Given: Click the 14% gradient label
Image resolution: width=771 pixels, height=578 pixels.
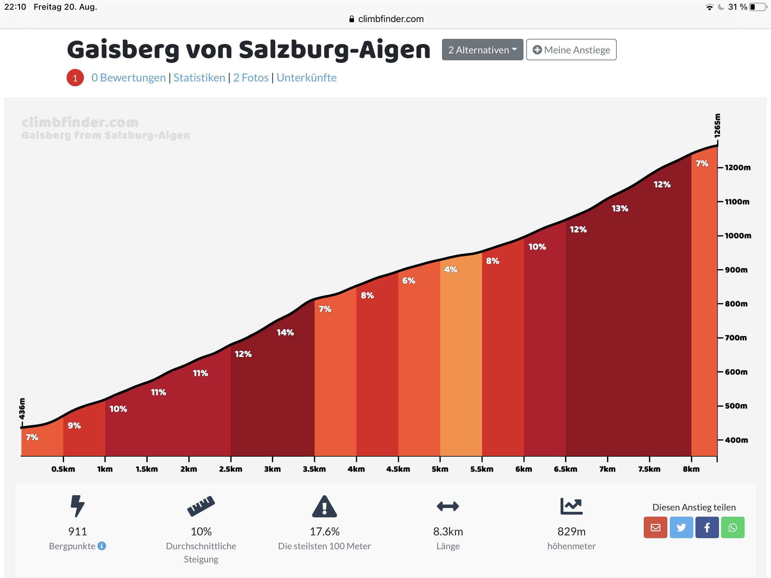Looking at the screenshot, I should [x=285, y=333].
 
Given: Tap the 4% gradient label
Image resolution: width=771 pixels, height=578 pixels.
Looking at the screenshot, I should [x=450, y=270].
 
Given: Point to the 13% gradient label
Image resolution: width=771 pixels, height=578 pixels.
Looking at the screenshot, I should [x=620, y=209].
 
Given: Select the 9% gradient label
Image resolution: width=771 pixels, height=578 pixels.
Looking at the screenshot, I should [x=74, y=426].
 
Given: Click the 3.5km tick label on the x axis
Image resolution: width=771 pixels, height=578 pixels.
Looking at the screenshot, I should [x=314, y=469].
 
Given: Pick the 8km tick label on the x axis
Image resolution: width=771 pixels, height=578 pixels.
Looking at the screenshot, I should [x=691, y=469].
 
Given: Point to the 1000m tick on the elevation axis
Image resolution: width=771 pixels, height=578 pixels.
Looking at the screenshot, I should [x=737, y=236].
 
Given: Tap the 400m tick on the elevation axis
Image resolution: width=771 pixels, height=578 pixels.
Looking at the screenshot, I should [x=736, y=440].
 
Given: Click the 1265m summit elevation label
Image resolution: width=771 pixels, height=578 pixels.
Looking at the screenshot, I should [x=717, y=126].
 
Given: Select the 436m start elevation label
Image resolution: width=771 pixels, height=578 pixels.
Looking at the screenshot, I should [x=22, y=409].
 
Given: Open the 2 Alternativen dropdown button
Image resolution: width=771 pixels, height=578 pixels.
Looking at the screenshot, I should [x=483, y=50].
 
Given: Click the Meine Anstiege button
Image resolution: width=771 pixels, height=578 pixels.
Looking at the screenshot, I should [x=571, y=50].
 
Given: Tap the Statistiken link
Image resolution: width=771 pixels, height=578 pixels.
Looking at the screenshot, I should [x=199, y=78].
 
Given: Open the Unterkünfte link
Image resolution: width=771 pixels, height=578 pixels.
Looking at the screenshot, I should [x=306, y=78].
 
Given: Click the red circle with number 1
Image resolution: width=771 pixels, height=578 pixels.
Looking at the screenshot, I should [x=75, y=78].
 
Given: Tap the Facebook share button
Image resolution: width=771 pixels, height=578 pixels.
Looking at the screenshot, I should [x=707, y=527].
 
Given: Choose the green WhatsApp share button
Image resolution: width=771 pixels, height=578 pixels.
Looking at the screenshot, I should [x=732, y=527].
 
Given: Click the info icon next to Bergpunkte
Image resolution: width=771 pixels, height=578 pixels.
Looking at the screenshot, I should [x=102, y=545].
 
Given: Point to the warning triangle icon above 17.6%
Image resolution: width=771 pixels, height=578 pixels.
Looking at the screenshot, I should [x=324, y=506].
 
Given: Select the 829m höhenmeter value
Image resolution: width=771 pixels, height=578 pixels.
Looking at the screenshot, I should [x=571, y=531].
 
